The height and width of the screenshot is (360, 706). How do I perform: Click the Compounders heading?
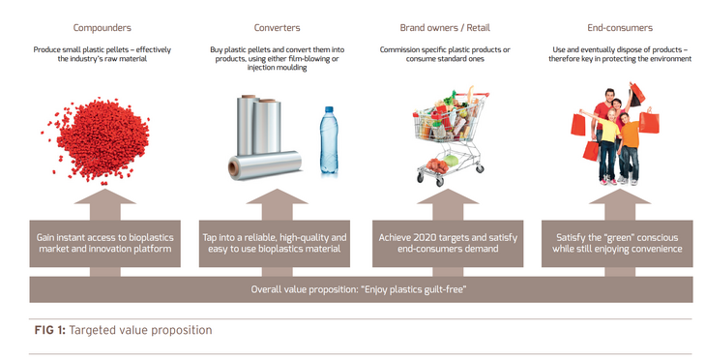[103, 28]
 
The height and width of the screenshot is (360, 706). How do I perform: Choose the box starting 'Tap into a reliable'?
[275, 244]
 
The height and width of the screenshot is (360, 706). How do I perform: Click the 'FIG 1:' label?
[48, 331]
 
